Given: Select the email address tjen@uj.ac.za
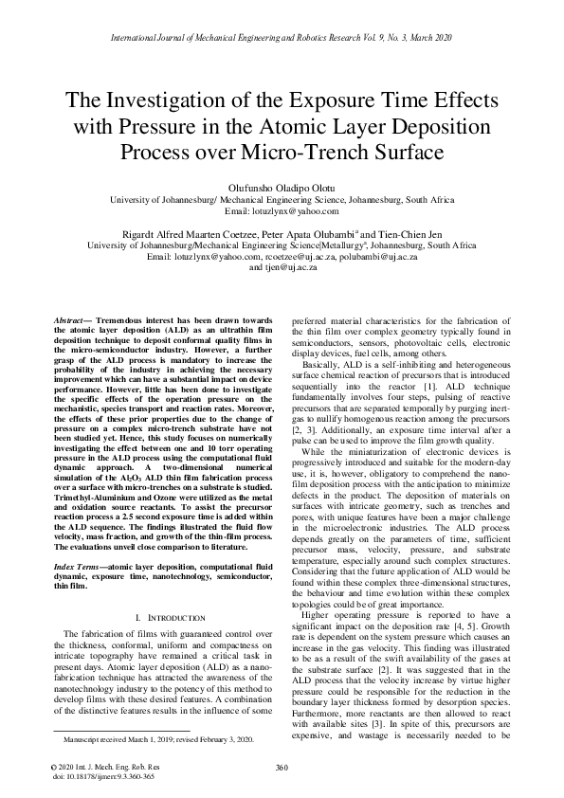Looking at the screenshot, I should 282,268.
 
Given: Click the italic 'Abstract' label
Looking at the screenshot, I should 73,322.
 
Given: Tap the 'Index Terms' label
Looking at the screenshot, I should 77,538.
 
